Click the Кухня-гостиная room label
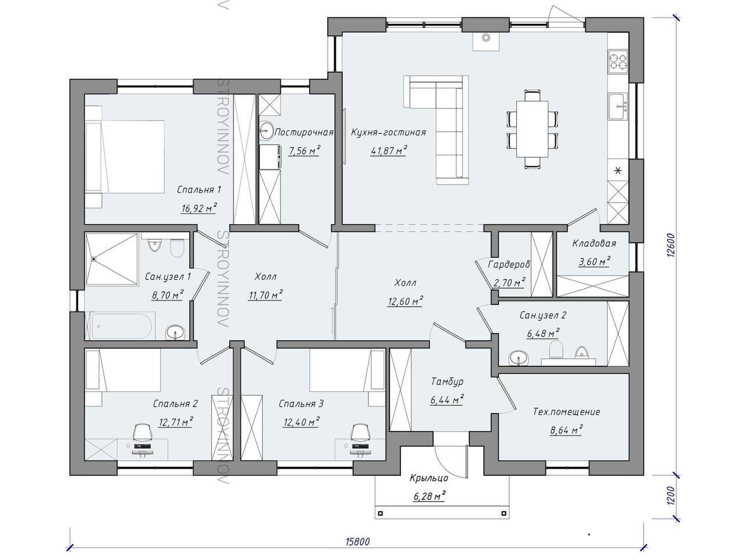pyautogui.click(x=388, y=132)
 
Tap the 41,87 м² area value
pyautogui.click(x=389, y=150)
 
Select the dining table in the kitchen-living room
pyautogui.click(x=532, y=129)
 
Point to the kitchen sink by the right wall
pyautogui.click(x=618, y=107)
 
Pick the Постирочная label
pyautogui.click(x=304, y=132)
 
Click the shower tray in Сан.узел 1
pyautogui.click(x=112, y=259)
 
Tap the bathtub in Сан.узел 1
pyautogui.click(x=120, y=326)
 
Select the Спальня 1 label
pyautogui.click(x=199, y=190)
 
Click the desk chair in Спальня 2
pyautogui.click(x=143, y=433)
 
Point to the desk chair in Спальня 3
pyautogui.click(x=360, y=433)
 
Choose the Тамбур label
pyautogui.click(x=448, y=381)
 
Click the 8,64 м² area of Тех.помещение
pyautogui.click(x=566, y=430)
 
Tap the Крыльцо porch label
pyautogui.click(x=429, y=478)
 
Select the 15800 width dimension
pyautogui.click(x=358, y=542)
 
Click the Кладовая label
pyautogui.click(x=594, y=243)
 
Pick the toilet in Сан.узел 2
pyautogui.click(x=556, y=349)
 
